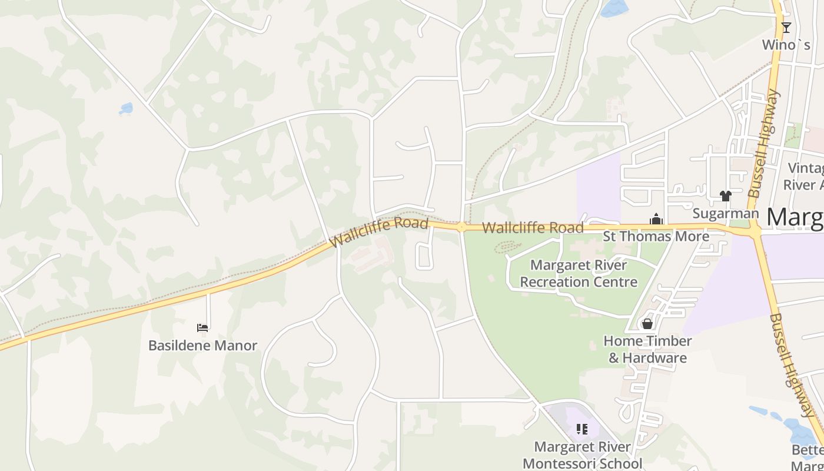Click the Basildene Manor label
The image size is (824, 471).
[202, 345]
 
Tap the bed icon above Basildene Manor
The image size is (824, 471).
[202, 327]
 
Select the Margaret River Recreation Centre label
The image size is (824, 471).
[579, 274]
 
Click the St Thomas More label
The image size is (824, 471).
[656, 237]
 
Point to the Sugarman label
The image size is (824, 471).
[725, 213]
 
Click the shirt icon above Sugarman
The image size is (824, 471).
[725, 196]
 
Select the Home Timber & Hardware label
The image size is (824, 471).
[647, 349]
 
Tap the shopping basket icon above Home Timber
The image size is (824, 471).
[647, 324]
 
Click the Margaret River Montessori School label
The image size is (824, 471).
[582, 455]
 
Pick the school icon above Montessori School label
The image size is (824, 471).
[582, 429]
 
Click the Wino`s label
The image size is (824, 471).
[786, 45]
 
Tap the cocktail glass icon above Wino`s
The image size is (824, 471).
[786, 27]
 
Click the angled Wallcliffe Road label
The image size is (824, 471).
[378, 232]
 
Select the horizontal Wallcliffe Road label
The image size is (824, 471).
[533, 228]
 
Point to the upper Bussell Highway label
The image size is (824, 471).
[764, 143]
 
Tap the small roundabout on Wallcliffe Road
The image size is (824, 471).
[461, 227]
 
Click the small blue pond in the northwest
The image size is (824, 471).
[126, 109]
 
